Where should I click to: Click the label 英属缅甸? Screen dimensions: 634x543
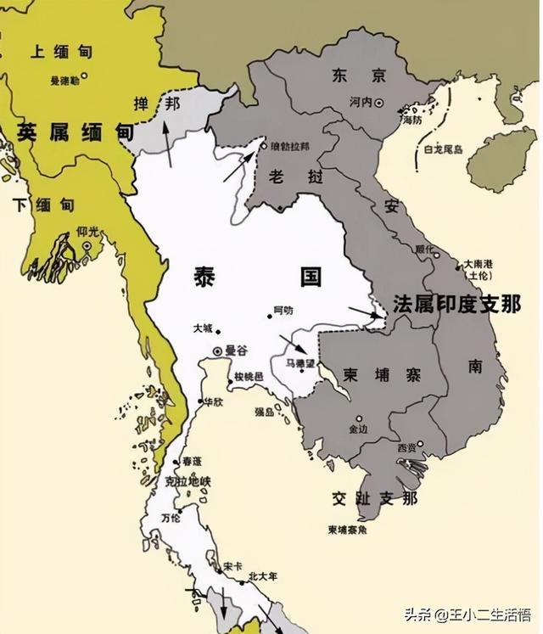tap(75, 132)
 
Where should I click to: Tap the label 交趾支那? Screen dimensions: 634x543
tap(376, 498)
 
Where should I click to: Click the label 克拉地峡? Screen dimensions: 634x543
tap(188, 482)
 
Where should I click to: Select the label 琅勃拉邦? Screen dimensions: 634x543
tap(289, 146)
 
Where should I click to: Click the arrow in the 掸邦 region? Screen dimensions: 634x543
tap(171, 143)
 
